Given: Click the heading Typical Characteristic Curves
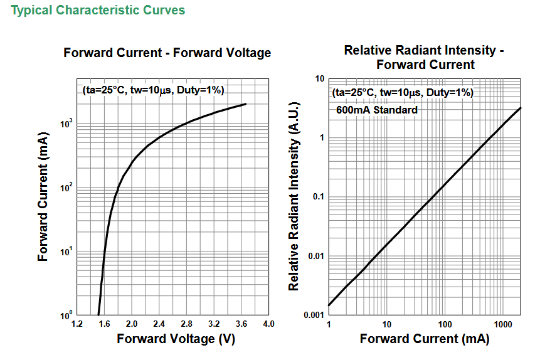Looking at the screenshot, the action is point(98,10).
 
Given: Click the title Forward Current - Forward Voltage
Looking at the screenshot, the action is point(167,53).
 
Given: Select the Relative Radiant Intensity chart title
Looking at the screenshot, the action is point(424,57).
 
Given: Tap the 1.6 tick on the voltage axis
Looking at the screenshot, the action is point(104,324).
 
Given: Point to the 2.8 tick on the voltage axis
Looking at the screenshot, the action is point(186,324).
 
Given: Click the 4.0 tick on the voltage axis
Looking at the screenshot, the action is point(268,324).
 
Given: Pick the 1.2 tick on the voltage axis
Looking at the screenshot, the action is point(77,324).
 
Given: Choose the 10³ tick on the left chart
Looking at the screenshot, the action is point(66,123).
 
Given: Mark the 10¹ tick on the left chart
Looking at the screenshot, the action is point(66,251).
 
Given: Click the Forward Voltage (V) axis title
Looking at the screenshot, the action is point(176,339).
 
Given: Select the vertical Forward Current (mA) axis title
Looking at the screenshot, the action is point(43,197).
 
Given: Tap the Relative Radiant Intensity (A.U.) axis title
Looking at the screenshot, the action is point(294,196).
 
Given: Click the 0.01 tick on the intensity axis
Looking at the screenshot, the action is point(316,256).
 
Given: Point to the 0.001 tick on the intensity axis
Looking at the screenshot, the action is point(314,315).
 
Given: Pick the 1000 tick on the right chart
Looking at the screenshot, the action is point(503,324).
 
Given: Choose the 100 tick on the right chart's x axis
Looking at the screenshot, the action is point(445,324).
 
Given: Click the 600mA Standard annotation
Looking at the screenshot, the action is point(377,110).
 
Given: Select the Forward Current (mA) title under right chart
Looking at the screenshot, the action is point(425,339).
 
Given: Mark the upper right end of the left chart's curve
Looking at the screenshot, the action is point(246,103).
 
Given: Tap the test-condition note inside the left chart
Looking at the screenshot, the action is point(153,90).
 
